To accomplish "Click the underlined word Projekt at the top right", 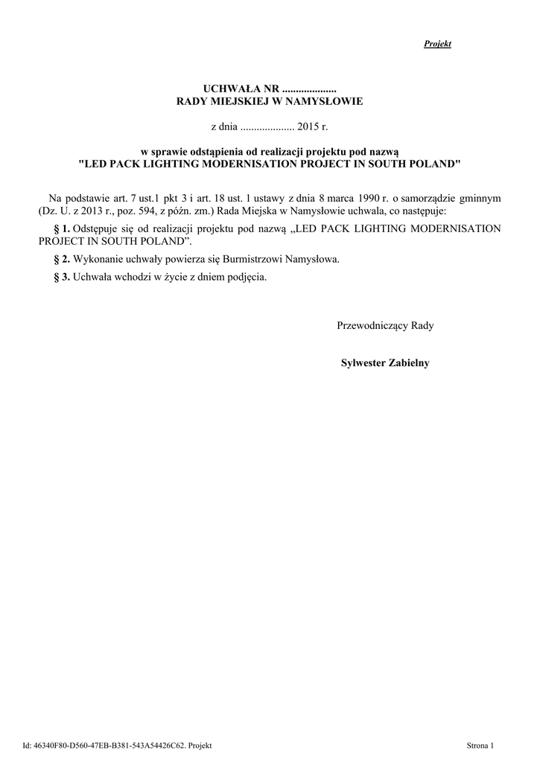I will pyautogui.click(x=437, y=44).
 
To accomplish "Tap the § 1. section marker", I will pyautogui.click(x=62, y=228).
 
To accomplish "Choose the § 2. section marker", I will pyautogui.click(x=62, y=259).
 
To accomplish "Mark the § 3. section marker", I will pyautogui.click(x=62, y=277).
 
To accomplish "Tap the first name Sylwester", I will pyautogui.click(x=364, y=362).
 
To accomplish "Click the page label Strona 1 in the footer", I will pyautogui.click(x=480, y=744).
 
